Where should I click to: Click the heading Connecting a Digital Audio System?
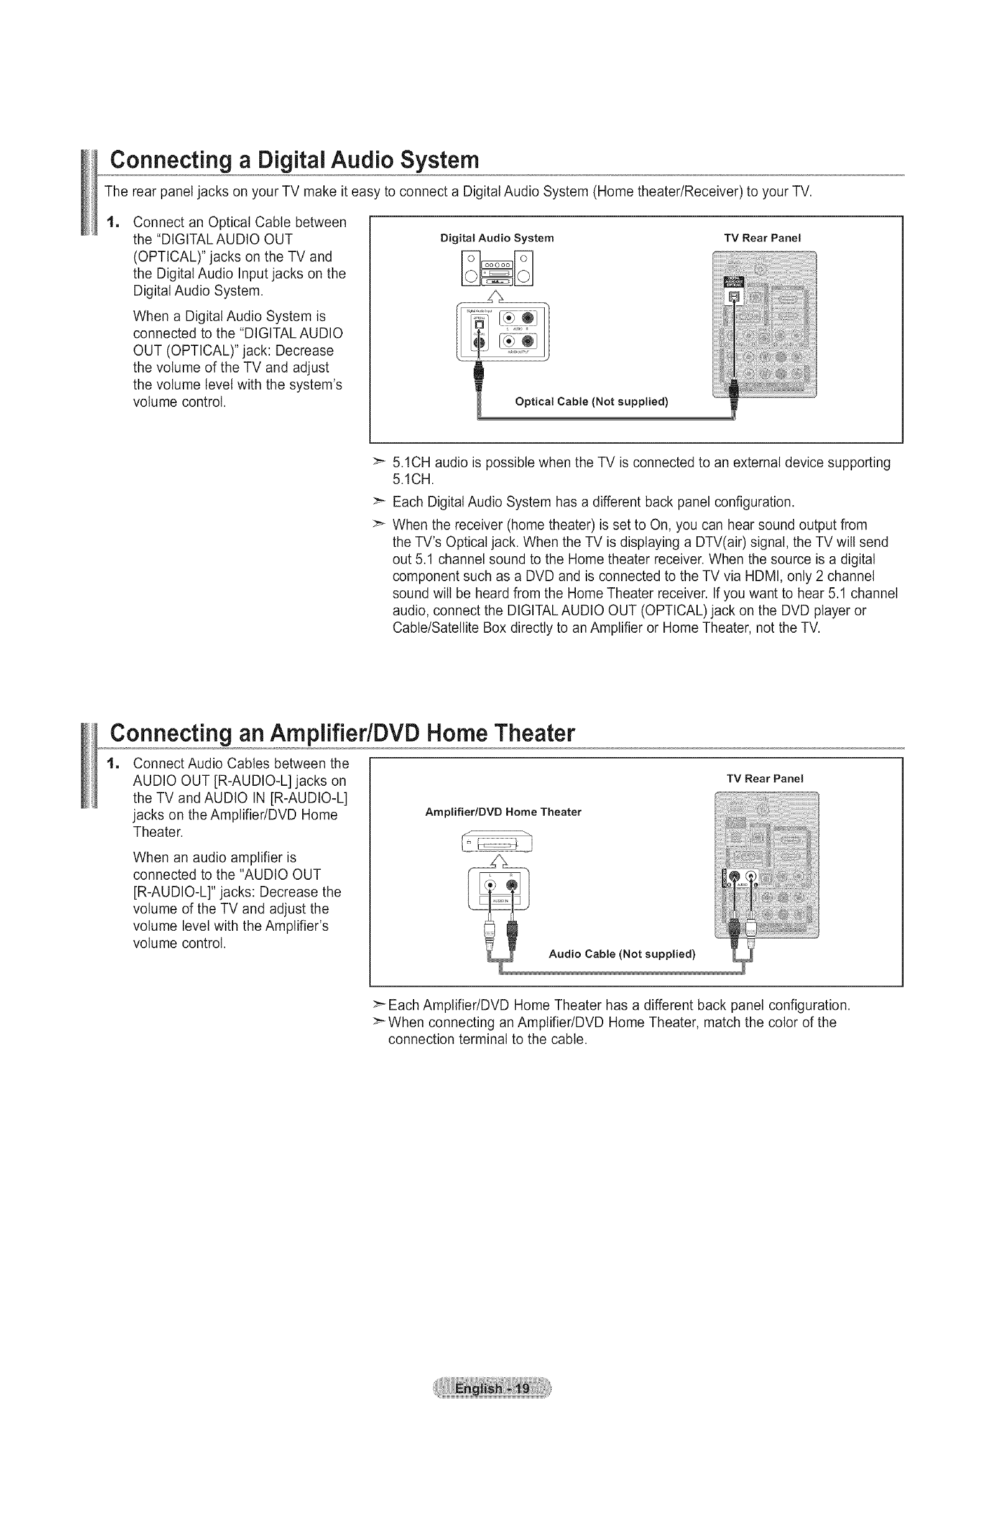[x=294, y=160]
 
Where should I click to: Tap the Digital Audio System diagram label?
[x=497, y=238]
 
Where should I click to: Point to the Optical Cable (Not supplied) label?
[x=591, y=402]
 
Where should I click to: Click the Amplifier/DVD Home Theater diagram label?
[x=502, y=812]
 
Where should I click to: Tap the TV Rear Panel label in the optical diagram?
[x=762, y=238]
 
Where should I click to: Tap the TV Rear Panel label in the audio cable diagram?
[x=764, y=778]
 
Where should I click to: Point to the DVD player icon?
[x=496, y=842]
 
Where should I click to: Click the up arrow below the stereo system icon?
[x=497, y=295]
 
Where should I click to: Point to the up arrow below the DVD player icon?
[x=497, y=862]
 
